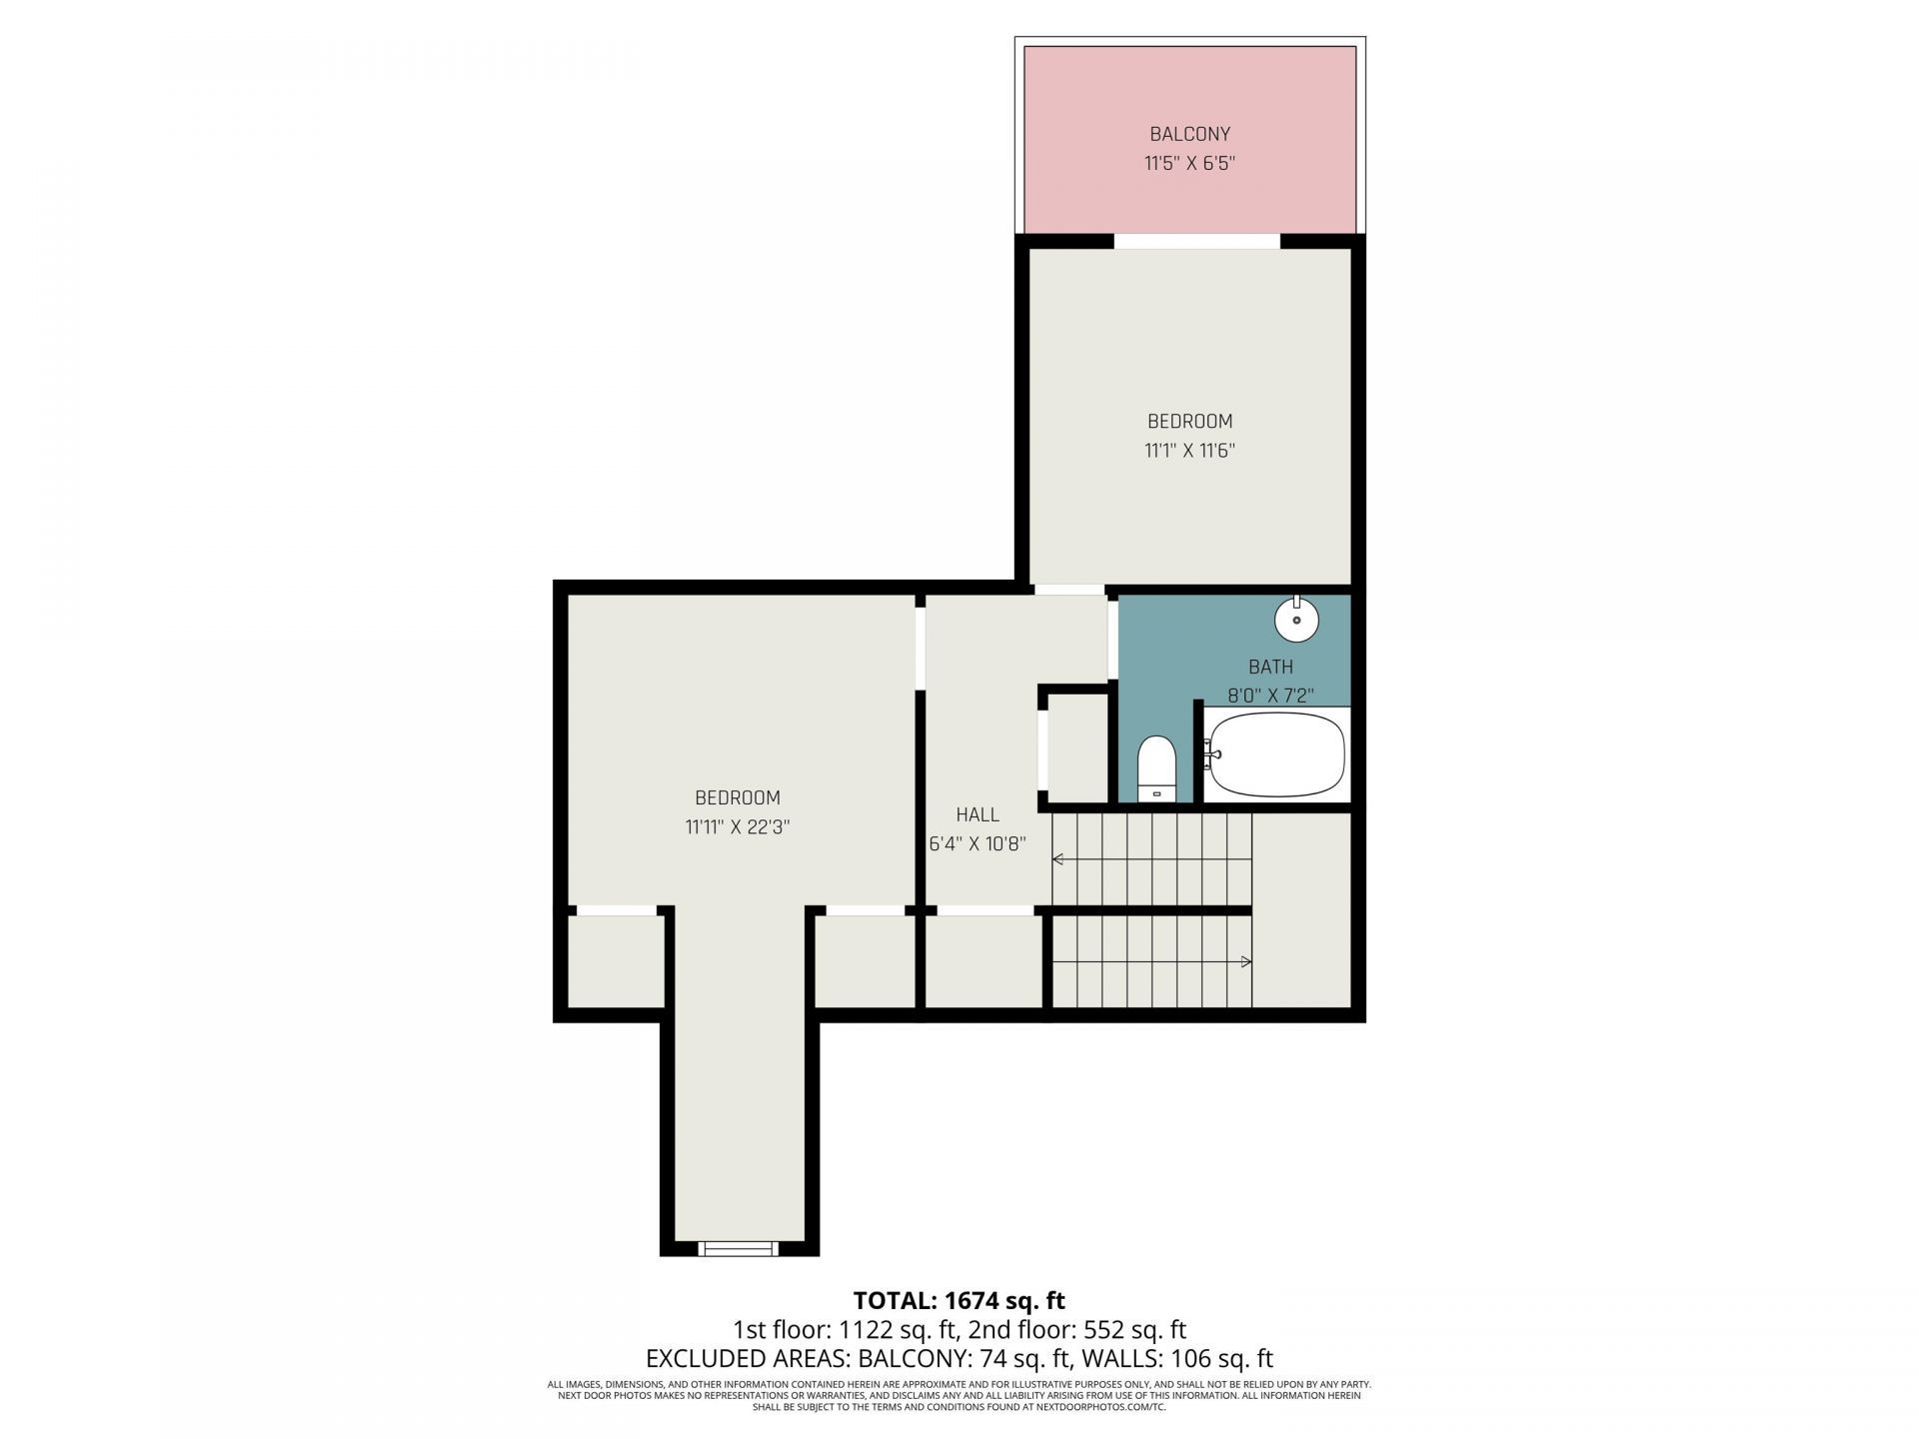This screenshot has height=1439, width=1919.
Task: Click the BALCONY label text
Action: click(1189, 134)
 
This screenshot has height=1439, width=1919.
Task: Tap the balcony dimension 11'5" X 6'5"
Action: click(1189, 163)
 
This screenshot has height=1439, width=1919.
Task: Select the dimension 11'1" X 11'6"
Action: click(1189, 451)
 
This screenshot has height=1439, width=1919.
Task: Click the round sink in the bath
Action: click(1296, 620)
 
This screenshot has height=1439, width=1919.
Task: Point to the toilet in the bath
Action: click(1157, 768)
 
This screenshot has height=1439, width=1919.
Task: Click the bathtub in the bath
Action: click(1276, 753)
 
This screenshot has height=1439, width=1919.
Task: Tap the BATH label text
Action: click(1270, 667)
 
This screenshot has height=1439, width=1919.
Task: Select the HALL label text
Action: click(976, 814)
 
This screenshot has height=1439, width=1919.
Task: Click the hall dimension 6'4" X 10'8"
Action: click(976, 844)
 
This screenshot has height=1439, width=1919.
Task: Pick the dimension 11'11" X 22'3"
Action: click(738, 827)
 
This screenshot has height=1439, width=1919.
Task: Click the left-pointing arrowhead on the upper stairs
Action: click(1057, 859)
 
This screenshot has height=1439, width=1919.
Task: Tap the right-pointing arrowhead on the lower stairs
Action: click(1245, 961)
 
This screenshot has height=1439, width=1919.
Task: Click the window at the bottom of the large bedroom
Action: click(738, 1248)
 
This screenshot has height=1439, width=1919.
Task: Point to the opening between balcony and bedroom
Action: click(1196, 241)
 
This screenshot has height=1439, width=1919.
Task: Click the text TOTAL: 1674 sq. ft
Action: click(959, 1300)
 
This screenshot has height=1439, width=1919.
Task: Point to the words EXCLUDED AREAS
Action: click(747, 1359)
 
